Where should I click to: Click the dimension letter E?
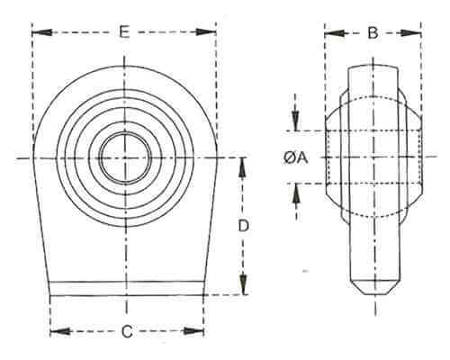pyautogui.click(x=124, y=31)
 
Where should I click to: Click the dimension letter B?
pyautogui.click(x=373, y=32)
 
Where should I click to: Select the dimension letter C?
pyautogui.click(x=127, y=331)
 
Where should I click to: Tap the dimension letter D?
pyautogui.click(x=244, y=226)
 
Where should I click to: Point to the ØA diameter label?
pyautogui.click(x=296, y=157)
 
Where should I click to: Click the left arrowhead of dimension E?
pyautogui.click(x=42, y=32)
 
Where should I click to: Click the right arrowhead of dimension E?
pyautogui.click(x=206, y=32)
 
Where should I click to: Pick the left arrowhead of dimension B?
pyautogui.click(x=335, y=33)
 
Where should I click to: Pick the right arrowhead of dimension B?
pyautogui.click(x=411, y=33)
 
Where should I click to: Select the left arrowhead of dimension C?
pyautogui.click(x=60, y=331)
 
